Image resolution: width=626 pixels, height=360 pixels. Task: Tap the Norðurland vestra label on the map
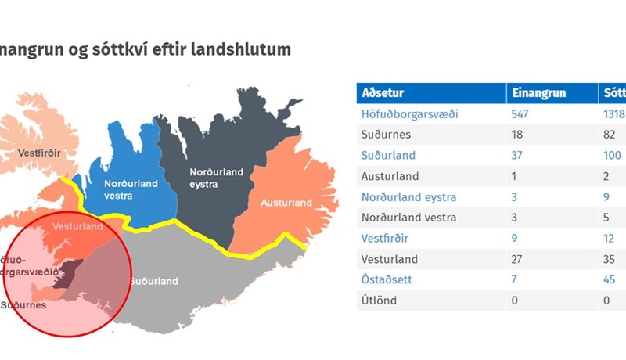[131, 189]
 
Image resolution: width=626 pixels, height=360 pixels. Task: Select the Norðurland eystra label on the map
[217, 178]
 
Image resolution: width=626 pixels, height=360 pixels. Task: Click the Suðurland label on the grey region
[154, 281]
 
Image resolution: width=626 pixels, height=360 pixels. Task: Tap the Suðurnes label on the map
[23, 304]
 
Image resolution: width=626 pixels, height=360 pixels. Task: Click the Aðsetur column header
[383, 93]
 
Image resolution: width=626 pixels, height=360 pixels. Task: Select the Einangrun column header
[538, 93]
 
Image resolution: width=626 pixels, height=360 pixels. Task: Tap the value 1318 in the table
[613, 114]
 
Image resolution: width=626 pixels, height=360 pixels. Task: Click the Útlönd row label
[379, 301]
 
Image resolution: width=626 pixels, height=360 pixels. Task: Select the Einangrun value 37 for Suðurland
[518, 155]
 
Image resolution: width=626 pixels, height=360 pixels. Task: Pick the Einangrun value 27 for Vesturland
[518, 259]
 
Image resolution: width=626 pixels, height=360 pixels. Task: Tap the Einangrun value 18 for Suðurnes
[518, 135]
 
